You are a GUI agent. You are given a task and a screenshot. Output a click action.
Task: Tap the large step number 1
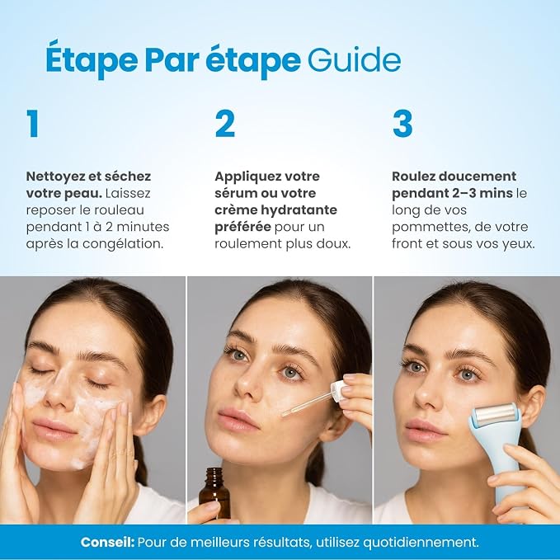click(33, 123)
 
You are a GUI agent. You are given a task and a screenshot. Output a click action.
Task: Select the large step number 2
click(225, 123)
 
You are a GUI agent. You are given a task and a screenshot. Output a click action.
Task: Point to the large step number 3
click(402, 123)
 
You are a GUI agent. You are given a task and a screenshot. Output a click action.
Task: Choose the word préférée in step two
click(242, 227)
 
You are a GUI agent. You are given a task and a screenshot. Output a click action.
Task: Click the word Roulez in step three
click(413, 176)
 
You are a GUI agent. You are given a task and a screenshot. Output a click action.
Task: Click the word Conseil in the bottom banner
click(107, 542)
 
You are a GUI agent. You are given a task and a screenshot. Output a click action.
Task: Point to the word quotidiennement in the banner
click(421, 543)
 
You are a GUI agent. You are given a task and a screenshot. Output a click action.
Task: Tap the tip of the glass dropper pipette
click(283, 414)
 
